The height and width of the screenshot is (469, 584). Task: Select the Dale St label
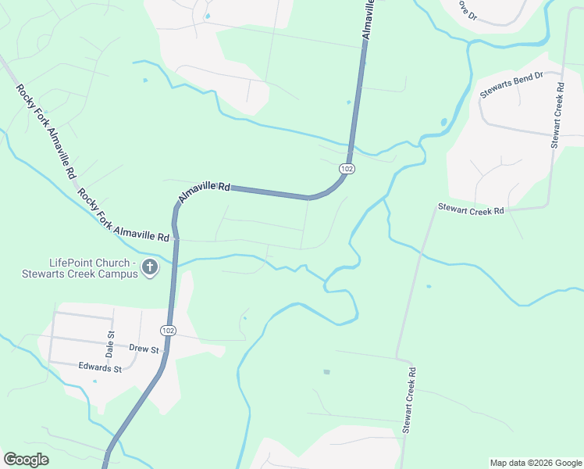[x=110, y=345]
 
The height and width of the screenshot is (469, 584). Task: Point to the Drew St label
[x=144, y=349]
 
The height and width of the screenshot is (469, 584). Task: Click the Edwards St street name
[x=100, y=367]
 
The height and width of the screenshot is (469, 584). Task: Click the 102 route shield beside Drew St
[x=169, y=331]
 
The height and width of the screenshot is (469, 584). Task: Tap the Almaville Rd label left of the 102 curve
[x=205, y=192]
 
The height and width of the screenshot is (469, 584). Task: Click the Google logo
[x=26, y=460]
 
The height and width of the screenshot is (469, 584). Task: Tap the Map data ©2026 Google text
[x=536, y=463]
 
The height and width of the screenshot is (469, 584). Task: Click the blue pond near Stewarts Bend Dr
[x=443, y=123]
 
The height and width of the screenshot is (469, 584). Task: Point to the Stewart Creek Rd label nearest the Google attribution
[x=409, y=400]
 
